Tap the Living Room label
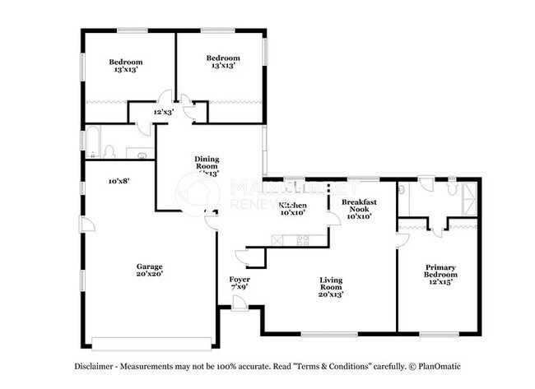(330, 285)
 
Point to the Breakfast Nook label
(360, 210)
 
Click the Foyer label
(239, 284)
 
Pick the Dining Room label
(207, 165)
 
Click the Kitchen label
(293, 208)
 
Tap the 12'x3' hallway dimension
(163, 113)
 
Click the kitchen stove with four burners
(302, 240)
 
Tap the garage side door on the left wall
(82, 226)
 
